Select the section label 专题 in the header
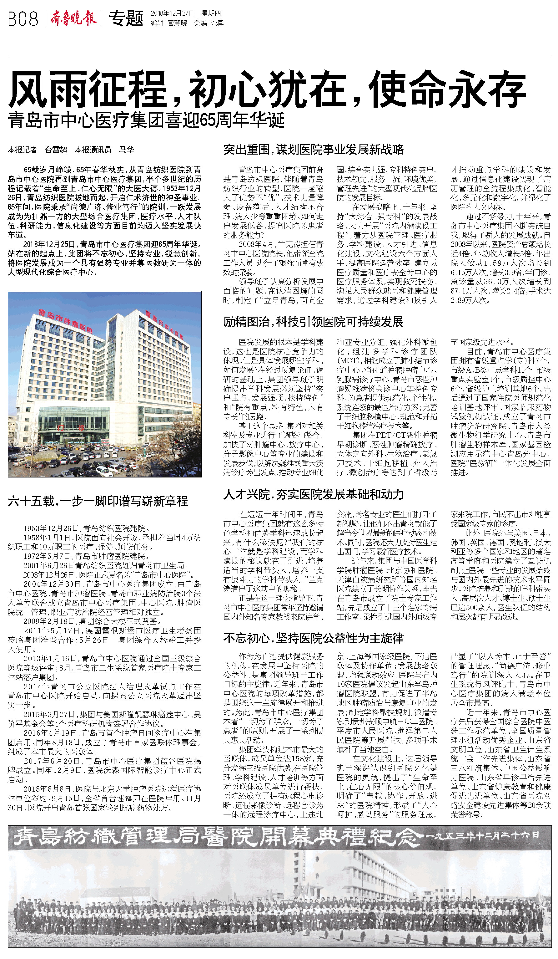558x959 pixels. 126,18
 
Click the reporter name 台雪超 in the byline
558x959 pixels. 56,150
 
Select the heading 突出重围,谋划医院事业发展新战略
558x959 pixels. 313,150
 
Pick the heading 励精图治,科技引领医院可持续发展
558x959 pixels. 313,322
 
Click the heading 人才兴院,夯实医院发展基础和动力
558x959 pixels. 313,494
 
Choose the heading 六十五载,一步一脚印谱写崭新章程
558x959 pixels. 98,501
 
